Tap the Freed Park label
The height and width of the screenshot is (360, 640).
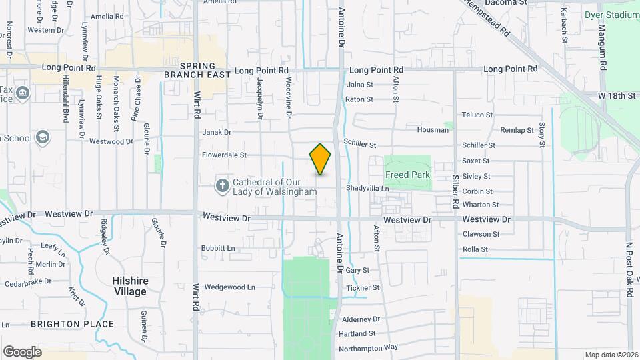tap(407, 175)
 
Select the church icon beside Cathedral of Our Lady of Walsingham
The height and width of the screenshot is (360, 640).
tap(221, 184)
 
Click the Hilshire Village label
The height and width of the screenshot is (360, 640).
tap(129, 287)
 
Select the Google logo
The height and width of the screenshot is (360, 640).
tap(22, 351)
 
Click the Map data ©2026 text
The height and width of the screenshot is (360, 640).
tap(610, 355)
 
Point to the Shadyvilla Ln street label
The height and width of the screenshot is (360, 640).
tap(367, 189)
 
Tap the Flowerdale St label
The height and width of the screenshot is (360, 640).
tap(224, 155)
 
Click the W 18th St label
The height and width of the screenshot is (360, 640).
tap(617, 96)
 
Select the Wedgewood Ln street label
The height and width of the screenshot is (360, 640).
tap(229, 287)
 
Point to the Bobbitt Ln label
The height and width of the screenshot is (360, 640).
tap(218, 248)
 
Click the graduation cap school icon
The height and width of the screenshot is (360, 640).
tap(43, 137)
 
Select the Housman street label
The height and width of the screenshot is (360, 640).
tap(433, 130)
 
